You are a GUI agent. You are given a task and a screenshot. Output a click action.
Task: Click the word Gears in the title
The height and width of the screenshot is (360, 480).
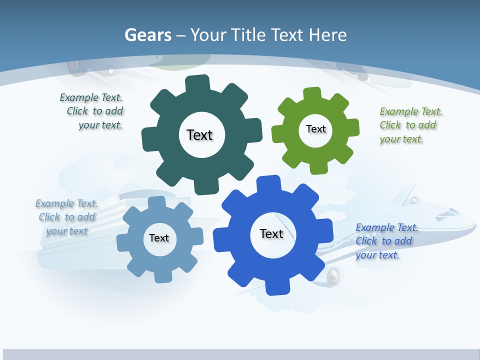click(x=148, y=35)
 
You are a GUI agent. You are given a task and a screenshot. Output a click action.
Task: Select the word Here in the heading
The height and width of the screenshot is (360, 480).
click(x=327, y=35)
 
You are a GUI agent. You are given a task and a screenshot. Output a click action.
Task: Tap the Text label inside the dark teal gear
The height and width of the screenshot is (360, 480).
click(x=199, y=135)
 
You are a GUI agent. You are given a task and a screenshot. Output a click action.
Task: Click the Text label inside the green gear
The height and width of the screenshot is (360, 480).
click(x=315, y=129)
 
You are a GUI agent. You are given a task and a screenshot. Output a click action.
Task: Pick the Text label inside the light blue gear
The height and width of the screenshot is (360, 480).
click(x=159, y=238)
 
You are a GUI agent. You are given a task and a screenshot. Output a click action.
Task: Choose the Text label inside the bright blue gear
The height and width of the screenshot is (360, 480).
click(x=271, y=233)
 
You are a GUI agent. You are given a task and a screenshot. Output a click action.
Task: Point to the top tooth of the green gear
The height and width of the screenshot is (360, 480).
click(x=312, y=93)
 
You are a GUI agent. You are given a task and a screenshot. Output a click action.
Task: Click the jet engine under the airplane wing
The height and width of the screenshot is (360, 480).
click(x=333, y=276)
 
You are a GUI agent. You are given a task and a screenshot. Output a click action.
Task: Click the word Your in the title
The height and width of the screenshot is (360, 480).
click(x=205, y=35)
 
